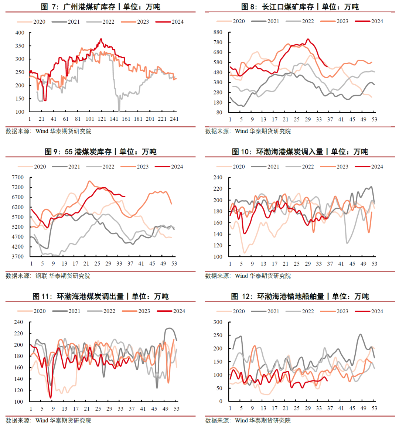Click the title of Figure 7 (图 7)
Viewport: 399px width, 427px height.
tap(100, 7)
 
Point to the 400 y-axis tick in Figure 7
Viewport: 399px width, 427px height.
tap(20, 33)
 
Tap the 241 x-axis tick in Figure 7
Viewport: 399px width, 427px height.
tap(174, 119)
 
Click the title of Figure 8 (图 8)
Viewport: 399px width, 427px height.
tap(300, 7)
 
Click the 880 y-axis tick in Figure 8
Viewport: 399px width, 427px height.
tap(218, 33)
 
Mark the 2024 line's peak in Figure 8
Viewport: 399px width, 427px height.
tap(308, 39)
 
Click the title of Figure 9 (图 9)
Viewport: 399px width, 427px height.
tap(100, 151)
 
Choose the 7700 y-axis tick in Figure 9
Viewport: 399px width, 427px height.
tap(18, 178)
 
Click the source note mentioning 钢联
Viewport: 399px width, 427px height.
tap(48, 276)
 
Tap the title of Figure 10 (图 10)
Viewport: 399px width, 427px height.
tap(300, 151)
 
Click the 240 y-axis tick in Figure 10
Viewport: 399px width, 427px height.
tap(218, 178)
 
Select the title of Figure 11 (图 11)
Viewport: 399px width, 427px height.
tap(100, 296)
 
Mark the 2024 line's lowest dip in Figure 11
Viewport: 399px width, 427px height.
tap(51, 397)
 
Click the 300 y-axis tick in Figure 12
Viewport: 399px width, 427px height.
tap(218, 322)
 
